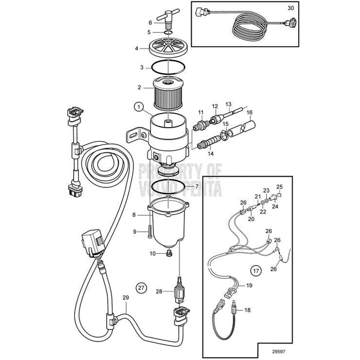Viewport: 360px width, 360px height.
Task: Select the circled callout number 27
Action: (142, 287)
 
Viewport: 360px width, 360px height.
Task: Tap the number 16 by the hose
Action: (250, 112)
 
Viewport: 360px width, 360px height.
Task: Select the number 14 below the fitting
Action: (211, 153)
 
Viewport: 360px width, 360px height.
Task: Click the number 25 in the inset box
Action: (279, 186)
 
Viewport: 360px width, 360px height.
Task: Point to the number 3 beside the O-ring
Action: (134, 67)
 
